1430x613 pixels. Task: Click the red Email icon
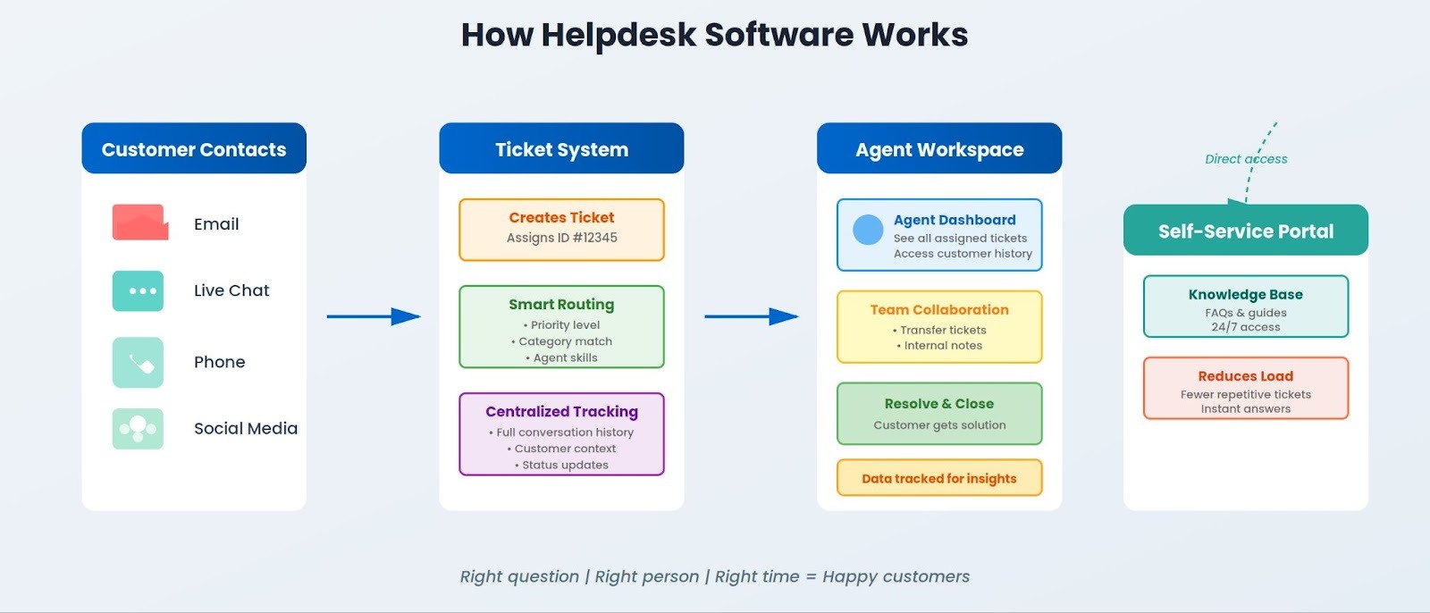(x=140, y=223)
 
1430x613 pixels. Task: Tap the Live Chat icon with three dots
(x=139, y=291)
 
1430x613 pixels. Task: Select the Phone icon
(x=139, y=362)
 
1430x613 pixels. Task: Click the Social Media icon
(x=139, y=429)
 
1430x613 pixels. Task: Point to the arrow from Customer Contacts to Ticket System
(x=373, y=316)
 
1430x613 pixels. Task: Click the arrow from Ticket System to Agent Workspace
(x=751, y=316)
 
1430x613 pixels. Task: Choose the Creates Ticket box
(x=561, y=230)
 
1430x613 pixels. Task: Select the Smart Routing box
(x=561, y=327)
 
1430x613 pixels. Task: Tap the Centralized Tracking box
(x=561, y=434)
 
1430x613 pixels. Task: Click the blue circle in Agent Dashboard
(x=868, y=230)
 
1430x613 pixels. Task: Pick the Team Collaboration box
(x=939, y=327)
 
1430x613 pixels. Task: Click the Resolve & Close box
(x=939, y=414)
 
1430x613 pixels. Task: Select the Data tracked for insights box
(x=939, y=478)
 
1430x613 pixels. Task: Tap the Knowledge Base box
(x=1245, y=306)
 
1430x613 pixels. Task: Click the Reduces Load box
(x=1245, y=389)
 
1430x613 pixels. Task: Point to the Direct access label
(x=1246, y=159)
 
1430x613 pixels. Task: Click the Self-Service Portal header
(x=1245, y=231)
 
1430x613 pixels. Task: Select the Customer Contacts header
(x=194, y=149)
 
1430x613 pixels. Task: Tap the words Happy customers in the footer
(x=896, y=576)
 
